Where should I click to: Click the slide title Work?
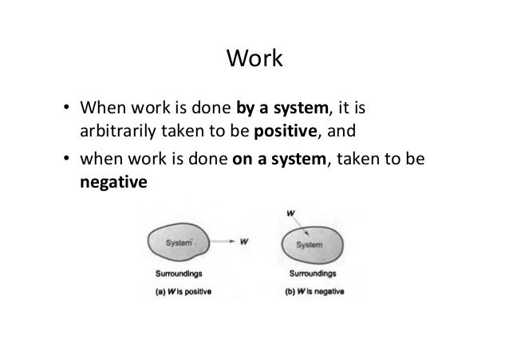point(254,59)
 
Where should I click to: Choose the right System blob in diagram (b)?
point(310,244)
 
